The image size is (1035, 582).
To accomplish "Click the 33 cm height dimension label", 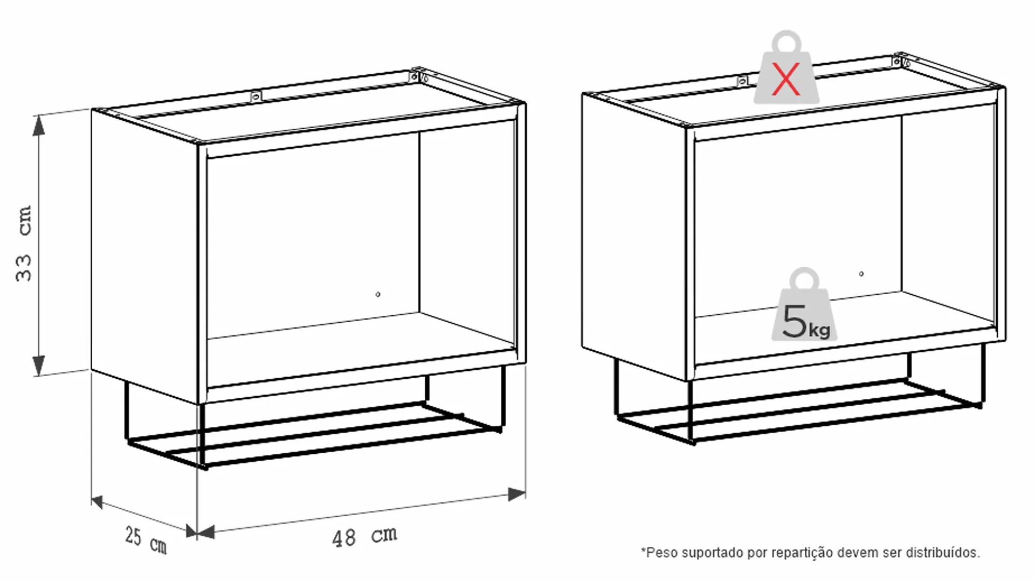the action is (x=24, y=243).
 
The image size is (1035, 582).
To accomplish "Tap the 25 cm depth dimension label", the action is (x=146, y=541).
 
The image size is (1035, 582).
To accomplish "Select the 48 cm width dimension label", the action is (x=364, y=537).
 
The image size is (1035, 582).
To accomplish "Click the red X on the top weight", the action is (x=786, y=79).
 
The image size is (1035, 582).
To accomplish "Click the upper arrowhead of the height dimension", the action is (x=39, y=127).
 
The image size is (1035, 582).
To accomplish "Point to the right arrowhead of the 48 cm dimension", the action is (x=516, y=494).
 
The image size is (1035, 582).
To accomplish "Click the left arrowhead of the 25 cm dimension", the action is (x=97, y=502).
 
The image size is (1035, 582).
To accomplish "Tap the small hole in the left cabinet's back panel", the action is (x=378, y=294).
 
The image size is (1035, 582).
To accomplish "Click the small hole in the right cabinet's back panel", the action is (x=861, y=274).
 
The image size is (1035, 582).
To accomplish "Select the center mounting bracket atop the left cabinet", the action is (x=256, y=97).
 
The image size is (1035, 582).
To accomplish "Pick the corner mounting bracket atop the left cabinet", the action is (x=418, y=77).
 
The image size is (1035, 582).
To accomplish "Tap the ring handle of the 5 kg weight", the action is (x=804, y=280).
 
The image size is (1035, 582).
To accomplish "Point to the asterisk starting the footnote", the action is (x=643, y=550).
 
